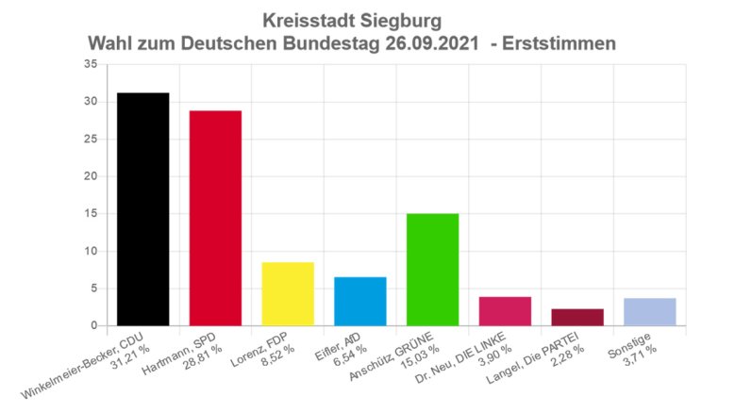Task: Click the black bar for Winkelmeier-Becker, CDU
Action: pyautogui.click(x=142, y=209)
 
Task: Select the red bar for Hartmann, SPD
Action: pyautogui.click(x=215, y=218)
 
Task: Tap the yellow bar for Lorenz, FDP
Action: pyautogui.click(x=288, y=293)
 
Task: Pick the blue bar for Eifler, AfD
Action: pyautogui.click(x=360, y=301)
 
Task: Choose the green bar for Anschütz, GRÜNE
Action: pyautogui.click(x=432, y=270)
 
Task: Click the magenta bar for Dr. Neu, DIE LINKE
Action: pyautogui.click(x=505, y=311)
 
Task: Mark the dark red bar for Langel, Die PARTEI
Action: pyautogui.click(x=577, y=317)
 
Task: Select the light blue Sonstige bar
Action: pyautogui.click(x=649, y=312)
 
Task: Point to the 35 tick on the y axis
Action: pyautogui.click(x=91, y=64)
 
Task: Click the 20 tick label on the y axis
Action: pyautogui.click(x=91, y=176)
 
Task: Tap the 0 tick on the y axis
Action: pyautogui.click(x=93, y=326)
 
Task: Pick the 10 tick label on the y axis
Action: pyautogui.click(x=91, y=251)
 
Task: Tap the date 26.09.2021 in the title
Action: pyautogui.click(x=432, y=43)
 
